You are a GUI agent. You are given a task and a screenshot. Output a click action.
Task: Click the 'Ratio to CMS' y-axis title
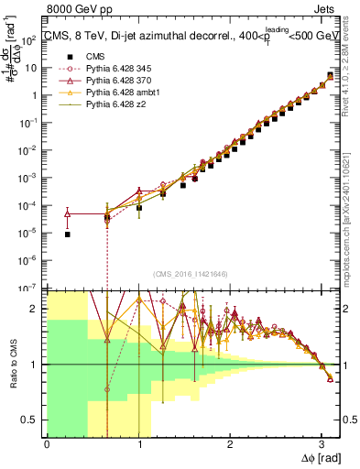(12, 364)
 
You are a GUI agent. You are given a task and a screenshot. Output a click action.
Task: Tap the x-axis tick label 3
(322, 443)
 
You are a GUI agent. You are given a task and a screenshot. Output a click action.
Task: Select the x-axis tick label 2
(231, 443)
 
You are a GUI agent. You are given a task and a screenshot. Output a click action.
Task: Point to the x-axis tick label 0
(47, 443)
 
